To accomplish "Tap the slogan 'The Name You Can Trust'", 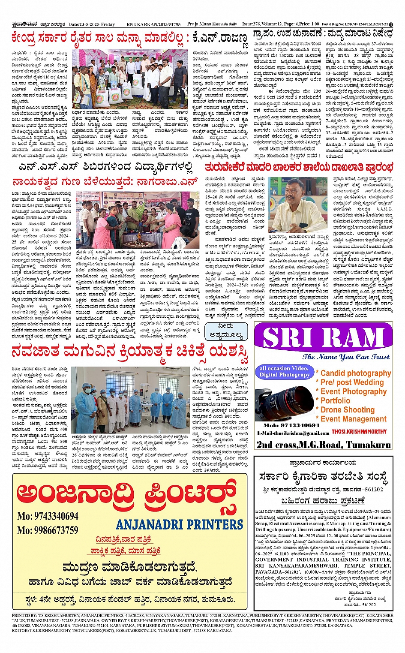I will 346,357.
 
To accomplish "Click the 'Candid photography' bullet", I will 355,373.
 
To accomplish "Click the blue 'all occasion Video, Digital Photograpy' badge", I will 284,371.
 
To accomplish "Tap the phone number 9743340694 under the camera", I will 291,425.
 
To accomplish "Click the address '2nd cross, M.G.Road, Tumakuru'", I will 324,445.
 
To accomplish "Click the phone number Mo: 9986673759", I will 48,530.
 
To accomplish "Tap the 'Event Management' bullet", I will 353,419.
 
